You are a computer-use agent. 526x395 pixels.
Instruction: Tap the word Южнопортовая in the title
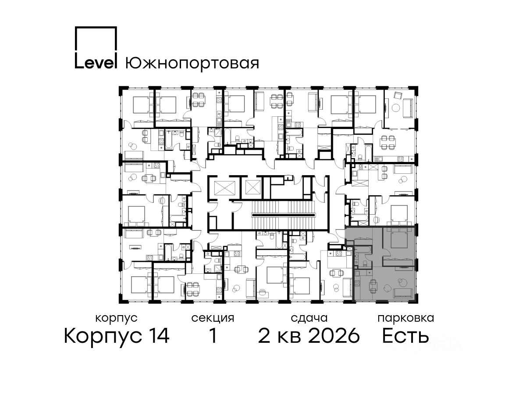(192, 63)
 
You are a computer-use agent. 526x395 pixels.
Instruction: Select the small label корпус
(116, 319)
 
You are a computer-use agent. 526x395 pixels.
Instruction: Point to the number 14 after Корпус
(158, 336)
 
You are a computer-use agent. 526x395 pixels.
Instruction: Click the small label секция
(213, 319)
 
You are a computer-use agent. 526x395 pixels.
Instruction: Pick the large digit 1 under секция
(213, 336)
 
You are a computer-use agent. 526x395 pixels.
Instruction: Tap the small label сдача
(309, 319)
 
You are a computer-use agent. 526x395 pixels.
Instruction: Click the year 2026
(334, 336)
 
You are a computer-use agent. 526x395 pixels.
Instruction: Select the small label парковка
(406, 319)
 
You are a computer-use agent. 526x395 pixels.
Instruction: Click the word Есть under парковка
(405, 336)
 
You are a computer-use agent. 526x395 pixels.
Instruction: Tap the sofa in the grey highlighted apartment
(404, 294)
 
